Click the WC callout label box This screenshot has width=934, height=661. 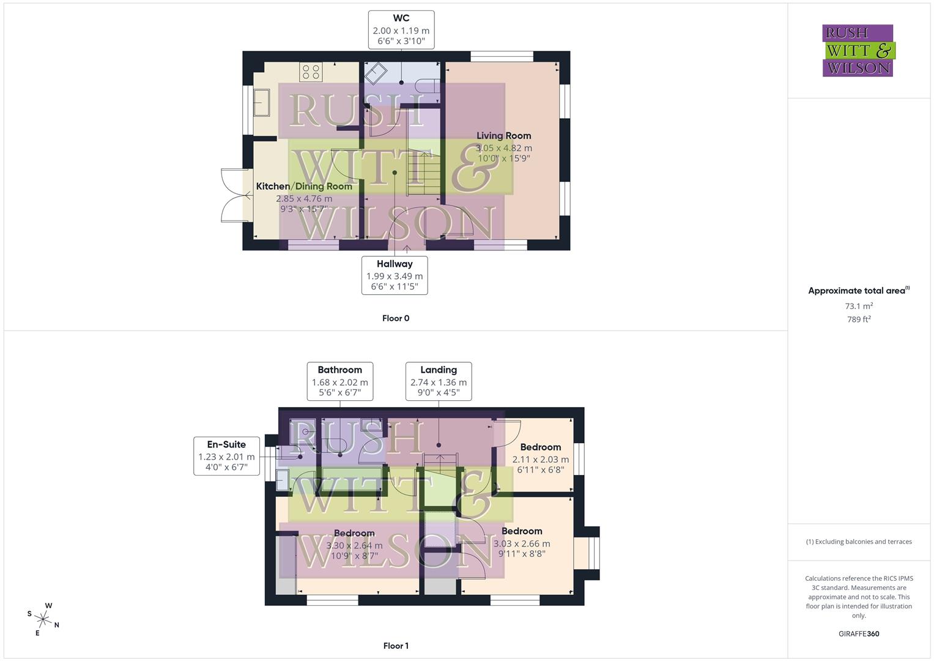pos(401,29)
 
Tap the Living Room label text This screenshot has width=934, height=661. pos(503,136)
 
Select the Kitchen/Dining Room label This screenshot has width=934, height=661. pos(304,187)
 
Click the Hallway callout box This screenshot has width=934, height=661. pos(395,275)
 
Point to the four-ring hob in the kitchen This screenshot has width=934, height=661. pos(311,72)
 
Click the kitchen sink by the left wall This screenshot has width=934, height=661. pos(262,102)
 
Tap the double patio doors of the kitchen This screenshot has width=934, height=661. pos(234,195)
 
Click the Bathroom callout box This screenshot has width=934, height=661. pos(340,381)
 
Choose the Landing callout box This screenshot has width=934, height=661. pos(439,381)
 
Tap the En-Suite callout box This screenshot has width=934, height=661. pos(226,456)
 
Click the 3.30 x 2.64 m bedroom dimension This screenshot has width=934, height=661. pos(354,546)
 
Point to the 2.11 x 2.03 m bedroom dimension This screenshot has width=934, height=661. pos(541,460)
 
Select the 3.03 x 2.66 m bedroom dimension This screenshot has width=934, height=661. pos(522,543)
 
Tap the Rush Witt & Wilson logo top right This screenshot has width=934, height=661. pos(858,51)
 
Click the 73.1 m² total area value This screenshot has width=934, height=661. pos(859,306)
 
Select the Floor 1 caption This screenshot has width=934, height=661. pos(396,646)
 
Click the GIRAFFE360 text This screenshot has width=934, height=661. pos(859,633)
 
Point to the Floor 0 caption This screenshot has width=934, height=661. pos(396,318)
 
